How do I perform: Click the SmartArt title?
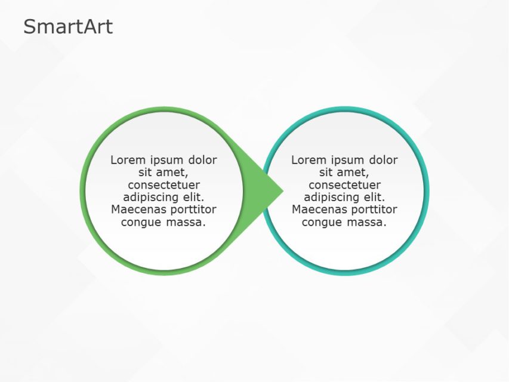tap(67, 27)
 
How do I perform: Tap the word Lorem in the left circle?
tap(126, 160)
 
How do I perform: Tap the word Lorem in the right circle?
tap(307, 160)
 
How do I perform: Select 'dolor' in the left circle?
tap(203, 160)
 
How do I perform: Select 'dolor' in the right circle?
tap(383, 160)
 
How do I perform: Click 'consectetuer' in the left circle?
tap(164, 185)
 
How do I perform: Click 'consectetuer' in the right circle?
tap(344, 185)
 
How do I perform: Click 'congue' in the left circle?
tap(141, 222)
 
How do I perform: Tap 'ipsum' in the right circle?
tap(346, 160)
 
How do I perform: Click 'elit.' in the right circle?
tap(372, 197)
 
